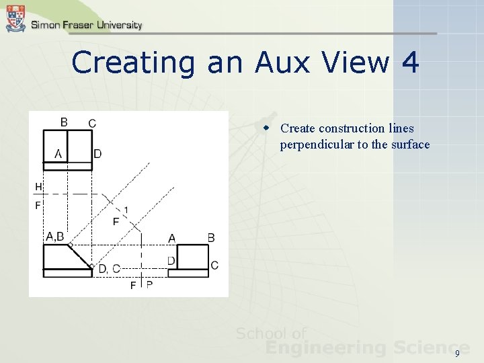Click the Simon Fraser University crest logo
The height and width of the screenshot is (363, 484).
click(x=15, y=18)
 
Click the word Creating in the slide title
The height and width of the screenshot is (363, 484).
click(x=133, y=63)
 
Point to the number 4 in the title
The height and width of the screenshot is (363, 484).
click(x=409, y=63)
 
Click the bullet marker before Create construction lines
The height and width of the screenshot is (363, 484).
click(x=267, y=128)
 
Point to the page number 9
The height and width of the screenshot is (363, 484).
click(x=458, y=354)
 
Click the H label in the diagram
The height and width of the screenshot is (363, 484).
click(x=38, y=186)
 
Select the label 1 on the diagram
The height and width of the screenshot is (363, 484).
click(x=126, y=210)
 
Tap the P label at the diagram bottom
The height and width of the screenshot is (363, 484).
click(x=149, y=285)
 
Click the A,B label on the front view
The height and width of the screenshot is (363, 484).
click(x=54, y=236)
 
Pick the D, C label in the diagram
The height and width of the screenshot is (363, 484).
click(x=110, y=269)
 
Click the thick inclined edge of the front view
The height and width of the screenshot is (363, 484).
click(x=81, y=256)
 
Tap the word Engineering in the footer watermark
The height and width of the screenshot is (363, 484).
click(x=325, y=348)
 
